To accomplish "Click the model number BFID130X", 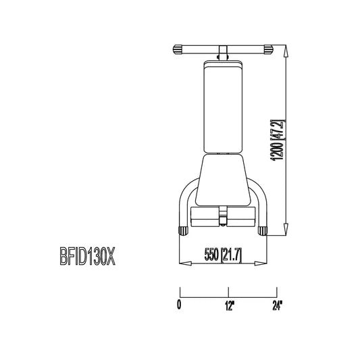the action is click(88, 256).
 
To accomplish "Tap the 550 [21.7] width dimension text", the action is click(223, 255).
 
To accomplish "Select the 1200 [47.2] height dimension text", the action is click(278, 140).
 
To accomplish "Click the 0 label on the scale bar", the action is click(179, 305).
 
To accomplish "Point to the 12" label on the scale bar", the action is click(230, 305).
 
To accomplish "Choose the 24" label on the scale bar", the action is click(277, 305).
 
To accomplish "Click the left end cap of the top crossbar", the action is click(177, 49).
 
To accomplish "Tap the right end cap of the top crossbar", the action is click(268, 49).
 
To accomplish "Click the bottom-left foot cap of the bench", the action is click(183, 231).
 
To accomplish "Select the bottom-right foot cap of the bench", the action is click(263, 231).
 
